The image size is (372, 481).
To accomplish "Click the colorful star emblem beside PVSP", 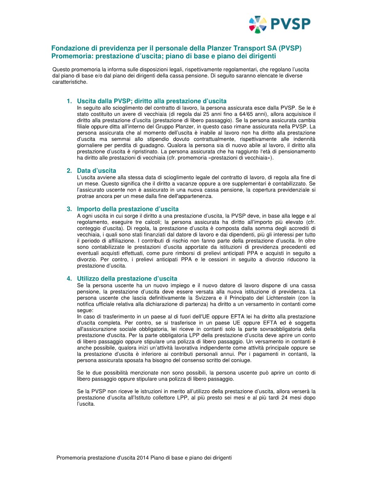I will tap(258, 24).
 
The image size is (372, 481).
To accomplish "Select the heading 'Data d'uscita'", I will tap(96, 171).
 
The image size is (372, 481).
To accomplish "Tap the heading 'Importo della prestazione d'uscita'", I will tap(128, 209).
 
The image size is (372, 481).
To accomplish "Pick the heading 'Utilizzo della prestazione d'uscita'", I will tap(127, 279).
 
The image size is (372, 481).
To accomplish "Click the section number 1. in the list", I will tap(69, 101).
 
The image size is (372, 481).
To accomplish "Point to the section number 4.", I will tap(69, 279).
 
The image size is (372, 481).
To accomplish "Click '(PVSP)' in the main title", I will tap(291, 48).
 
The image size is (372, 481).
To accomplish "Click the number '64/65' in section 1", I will tap(243, 114).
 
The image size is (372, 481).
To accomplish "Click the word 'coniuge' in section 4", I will tap(241, 360).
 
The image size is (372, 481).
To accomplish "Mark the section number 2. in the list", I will tap(69, 171).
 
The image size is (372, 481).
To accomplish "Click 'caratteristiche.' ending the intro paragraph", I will tap(70, 82).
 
